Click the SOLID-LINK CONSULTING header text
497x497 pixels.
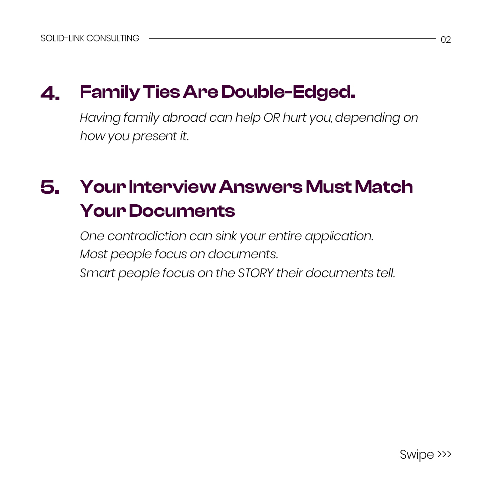coord(89,38)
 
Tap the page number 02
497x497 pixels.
coord(446,40)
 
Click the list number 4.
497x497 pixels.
coord(50,94)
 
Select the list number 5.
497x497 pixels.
coord(50,187)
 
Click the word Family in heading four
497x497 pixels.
coord(110,92)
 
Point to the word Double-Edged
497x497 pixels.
coord(288,92)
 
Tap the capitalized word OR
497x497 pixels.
coord(272,118)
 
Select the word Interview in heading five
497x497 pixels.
coord(172,187)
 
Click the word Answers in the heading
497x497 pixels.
coord(260,187)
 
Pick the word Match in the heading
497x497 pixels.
coord(384,186)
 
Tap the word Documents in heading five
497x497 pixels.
coord(181,211)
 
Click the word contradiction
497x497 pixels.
coord(147,236)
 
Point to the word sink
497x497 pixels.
coord(226,236)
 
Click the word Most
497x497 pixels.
coord(93,254)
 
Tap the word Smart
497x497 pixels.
coord(97,273)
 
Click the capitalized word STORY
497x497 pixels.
coord(255,273)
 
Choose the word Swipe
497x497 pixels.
coord(417,455)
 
